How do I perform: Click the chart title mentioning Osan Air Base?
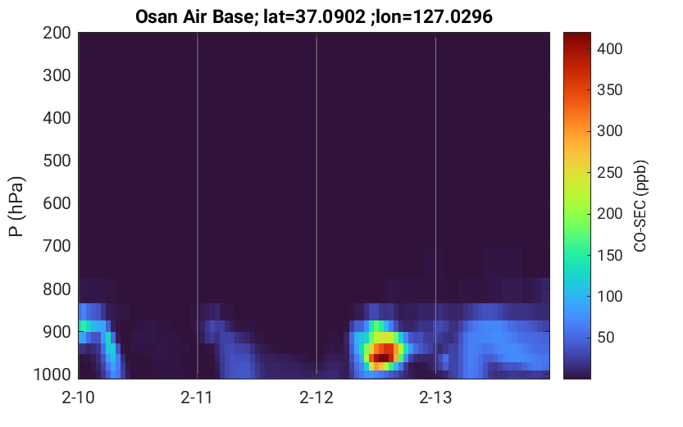coord(313,16)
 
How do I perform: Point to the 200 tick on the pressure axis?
coord(57,33)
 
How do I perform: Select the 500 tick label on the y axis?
coord(57,161)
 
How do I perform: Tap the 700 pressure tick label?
coord(57,246)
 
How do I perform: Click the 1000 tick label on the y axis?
coord(52,374)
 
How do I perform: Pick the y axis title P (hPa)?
coord(16,207)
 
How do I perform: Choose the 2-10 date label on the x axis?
coord(78,397)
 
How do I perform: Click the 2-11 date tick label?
coord(197,397)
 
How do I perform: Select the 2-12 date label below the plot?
coord(316,397)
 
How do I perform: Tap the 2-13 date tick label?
coord(435,397)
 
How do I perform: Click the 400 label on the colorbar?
coord(610,48)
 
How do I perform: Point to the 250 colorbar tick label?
coord(610,172)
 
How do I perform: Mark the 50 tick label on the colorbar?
coord(605,338)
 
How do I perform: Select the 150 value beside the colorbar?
coord(610,255)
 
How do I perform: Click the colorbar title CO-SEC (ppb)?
coord(640,206)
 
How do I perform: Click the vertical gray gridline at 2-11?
coord(198,206)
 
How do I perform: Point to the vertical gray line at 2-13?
coord(435,206)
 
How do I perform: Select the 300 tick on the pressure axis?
coord(57,75)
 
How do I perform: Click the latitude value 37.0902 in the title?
coord(330,16)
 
